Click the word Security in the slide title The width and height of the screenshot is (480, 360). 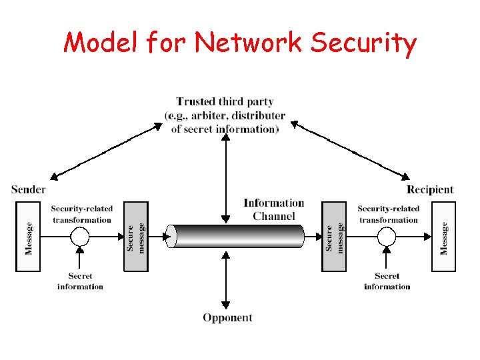363,44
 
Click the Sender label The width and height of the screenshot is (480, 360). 29,189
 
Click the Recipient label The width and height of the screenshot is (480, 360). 430,189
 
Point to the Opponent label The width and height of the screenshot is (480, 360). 227,317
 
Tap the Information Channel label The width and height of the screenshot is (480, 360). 273,209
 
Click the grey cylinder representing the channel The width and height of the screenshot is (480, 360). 237,236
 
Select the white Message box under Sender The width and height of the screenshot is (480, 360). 27,237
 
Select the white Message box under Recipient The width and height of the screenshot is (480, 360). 444,237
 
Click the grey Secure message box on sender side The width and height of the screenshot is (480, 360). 135,237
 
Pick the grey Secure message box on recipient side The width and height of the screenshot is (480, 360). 334,237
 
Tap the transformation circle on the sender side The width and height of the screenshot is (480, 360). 80,237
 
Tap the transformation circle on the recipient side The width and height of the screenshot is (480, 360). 387,237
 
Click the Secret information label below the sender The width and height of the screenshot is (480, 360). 80,281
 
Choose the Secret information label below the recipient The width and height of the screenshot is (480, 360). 387,281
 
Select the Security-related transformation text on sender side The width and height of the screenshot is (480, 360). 81,214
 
